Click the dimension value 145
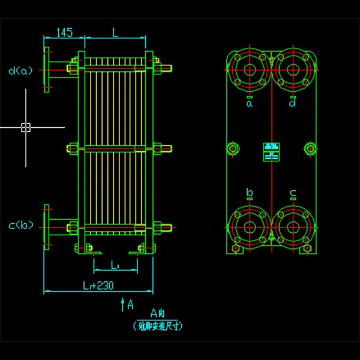pyautogui.click(x=64, y=32)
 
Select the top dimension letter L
pyautogui.click(x=116, y=32)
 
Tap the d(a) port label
pyautogui.click(x=21, y=70)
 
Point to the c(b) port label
pyautogui.click(x=21, y=226)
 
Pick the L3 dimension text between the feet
pyautogui.click(x=115, y=265)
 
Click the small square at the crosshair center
pyautogui.click(x=26, y=127)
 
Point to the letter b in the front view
pyautogui.click(x=250, y=193)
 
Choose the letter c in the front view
pyautogui.click(x=293, y=193)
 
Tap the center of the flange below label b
pyautogui.click(x=249, y=226)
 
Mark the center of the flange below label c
pyautogui.click(x=293, y=226)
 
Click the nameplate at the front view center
pyautogui.click(x=271, y=151)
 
